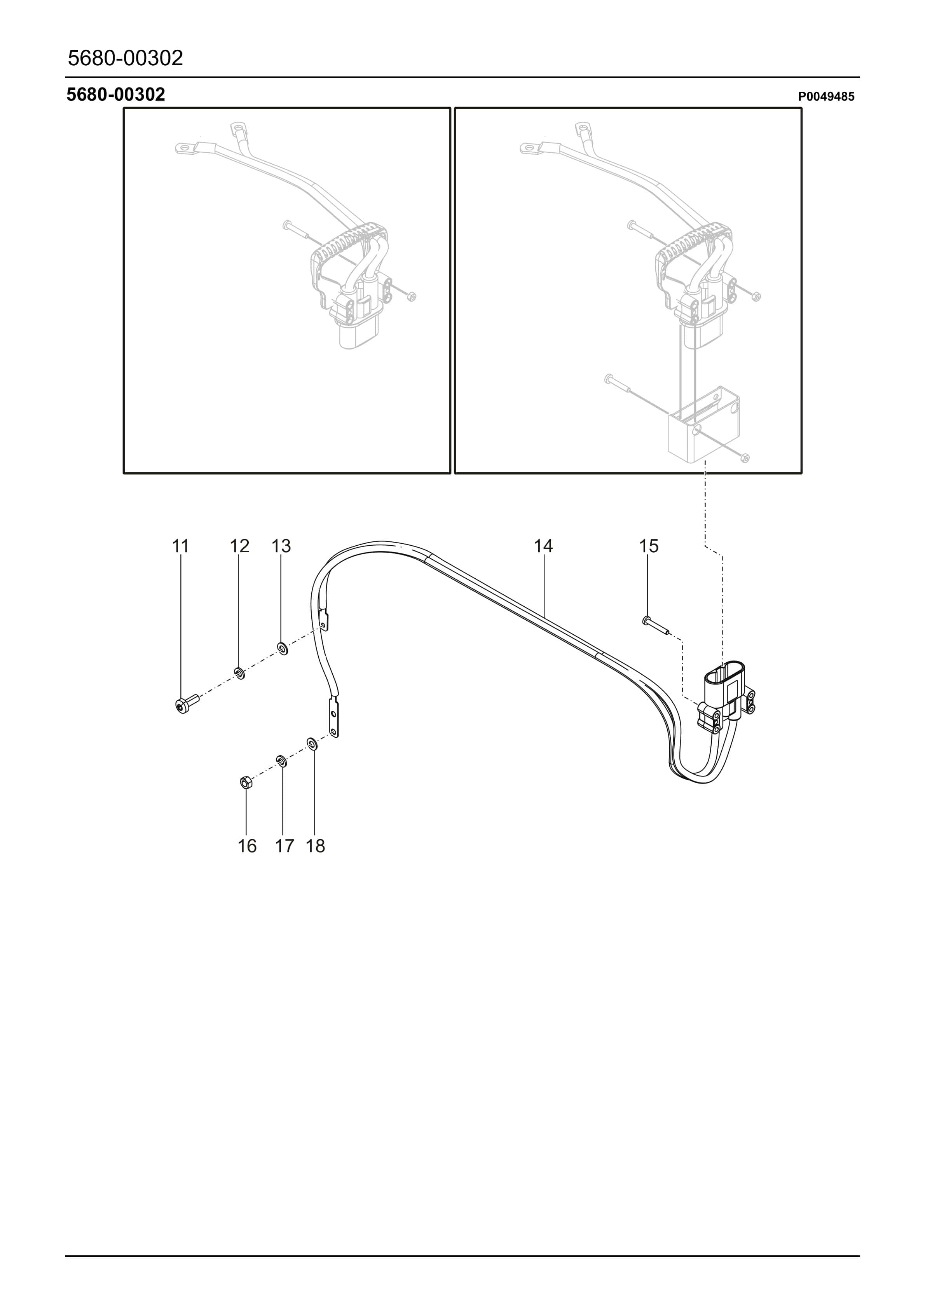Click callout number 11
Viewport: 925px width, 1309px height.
[180, 546]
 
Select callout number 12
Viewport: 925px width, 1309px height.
[239, 546]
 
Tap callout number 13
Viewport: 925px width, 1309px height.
[281, 546]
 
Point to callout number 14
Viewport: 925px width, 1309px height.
[543, 546]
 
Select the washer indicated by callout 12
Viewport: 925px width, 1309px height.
[239, 673]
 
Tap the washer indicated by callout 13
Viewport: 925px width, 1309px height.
[282, 648]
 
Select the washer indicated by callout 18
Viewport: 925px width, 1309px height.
[312, 744]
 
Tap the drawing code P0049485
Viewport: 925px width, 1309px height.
[826, 97]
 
